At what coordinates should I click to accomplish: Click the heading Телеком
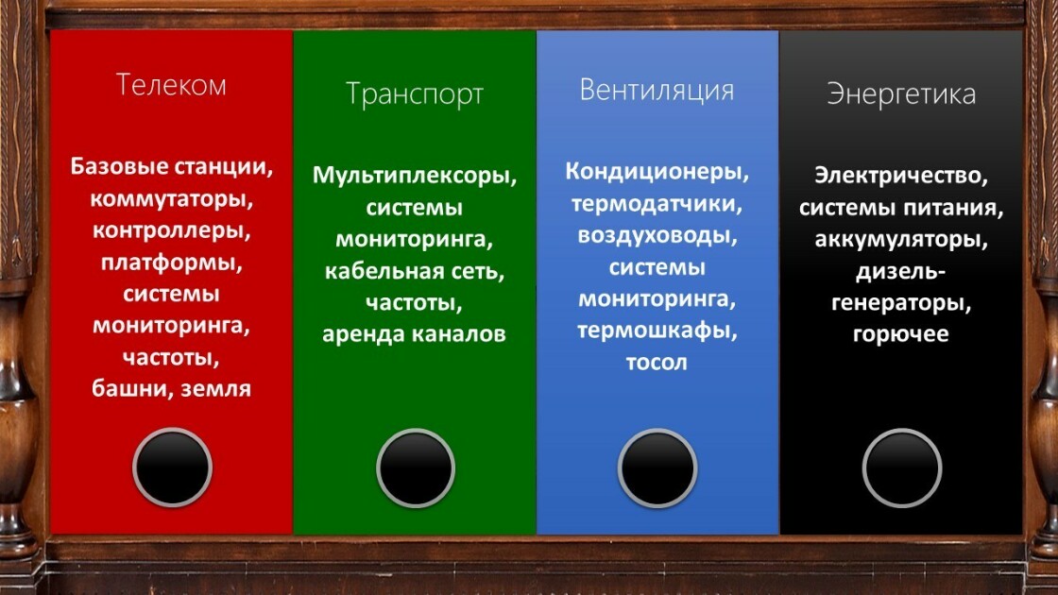[171, 85]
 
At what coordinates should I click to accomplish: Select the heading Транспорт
[415, 94]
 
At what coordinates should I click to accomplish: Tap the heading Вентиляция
[657, 90]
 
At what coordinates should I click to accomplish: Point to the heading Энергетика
[901, 94]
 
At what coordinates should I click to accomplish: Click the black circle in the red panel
[172, 467]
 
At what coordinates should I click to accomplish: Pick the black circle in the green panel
[416, 467]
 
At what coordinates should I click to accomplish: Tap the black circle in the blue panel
[657, 467]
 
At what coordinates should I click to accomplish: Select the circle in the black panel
[901, 467]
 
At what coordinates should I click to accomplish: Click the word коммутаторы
[171, 199]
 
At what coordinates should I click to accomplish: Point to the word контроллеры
[171, 231]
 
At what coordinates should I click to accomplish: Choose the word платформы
[171, 263]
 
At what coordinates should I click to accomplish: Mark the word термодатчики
[657, 204]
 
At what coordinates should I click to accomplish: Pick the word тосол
[657, 363]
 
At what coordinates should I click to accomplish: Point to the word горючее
[901, 334]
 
